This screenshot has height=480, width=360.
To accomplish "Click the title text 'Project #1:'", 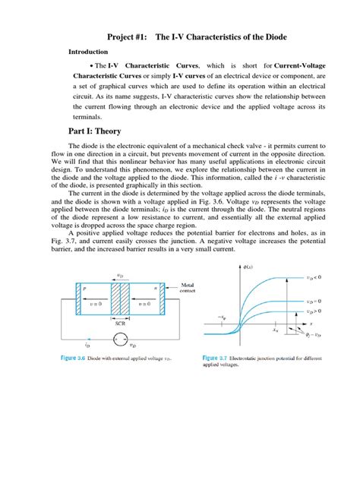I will (130, 37).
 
